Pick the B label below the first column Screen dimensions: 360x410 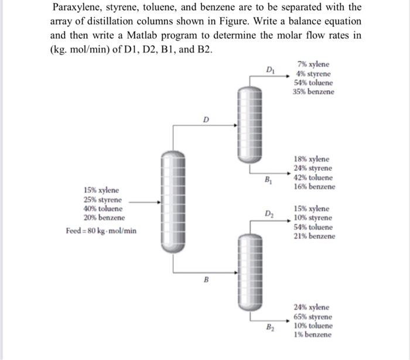click(206, 279)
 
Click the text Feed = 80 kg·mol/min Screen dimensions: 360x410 click(101, 231)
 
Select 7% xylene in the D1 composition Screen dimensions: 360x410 click(313, 64)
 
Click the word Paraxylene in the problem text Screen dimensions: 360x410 click(77, 8)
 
